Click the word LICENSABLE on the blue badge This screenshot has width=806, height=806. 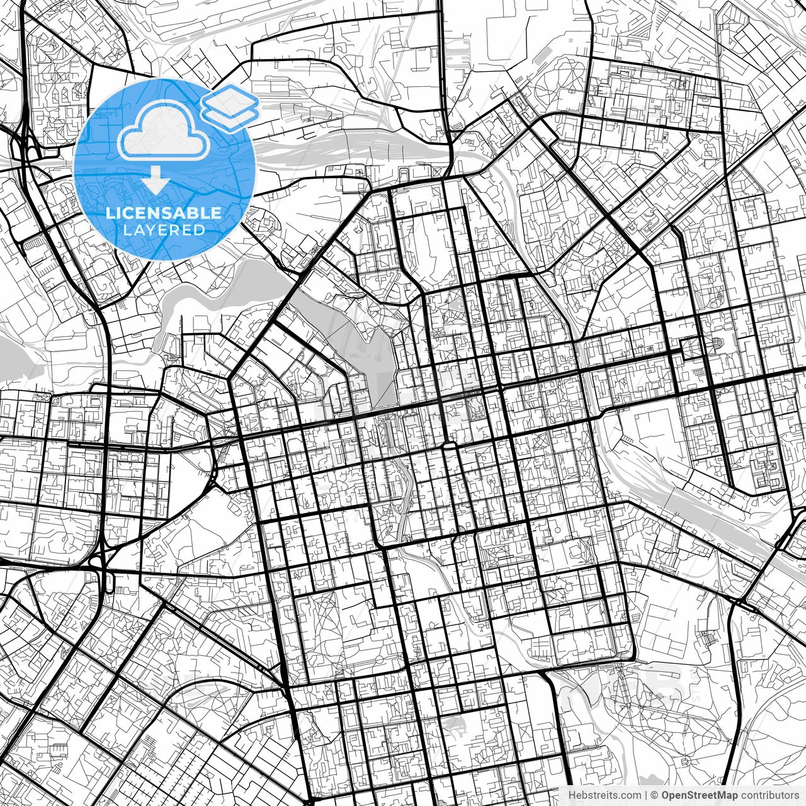164,213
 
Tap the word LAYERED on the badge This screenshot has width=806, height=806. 164,230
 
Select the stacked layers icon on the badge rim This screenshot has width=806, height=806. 230,107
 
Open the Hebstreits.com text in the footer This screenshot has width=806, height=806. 605,795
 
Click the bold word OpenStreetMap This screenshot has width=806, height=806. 696,795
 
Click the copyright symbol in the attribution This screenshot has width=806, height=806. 655,795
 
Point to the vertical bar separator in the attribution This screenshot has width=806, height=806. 647,795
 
